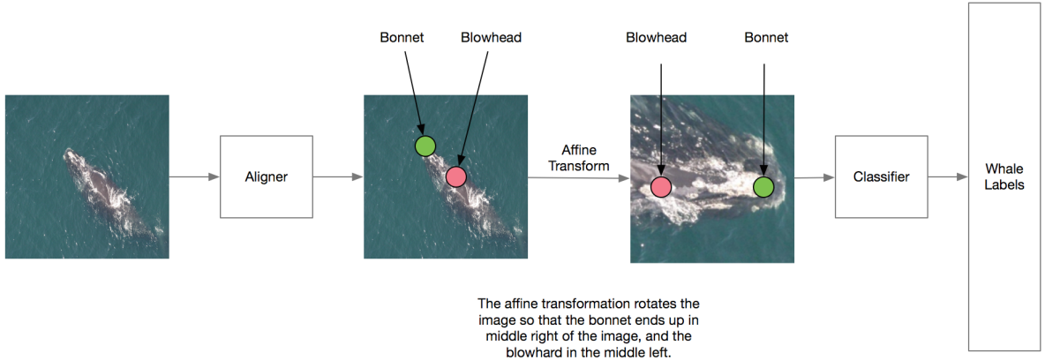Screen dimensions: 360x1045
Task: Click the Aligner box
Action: tap(266, 177)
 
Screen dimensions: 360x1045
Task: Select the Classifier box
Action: tap(881, 177)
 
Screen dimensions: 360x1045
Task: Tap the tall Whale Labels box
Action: tap(1004, 177)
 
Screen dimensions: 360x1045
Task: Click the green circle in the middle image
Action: tap(425, 146)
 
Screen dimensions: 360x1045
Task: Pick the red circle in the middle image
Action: tap(455, 176)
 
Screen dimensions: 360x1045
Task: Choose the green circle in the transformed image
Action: tap(763, 186)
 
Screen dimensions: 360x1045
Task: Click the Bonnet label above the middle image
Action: tap(402, 38)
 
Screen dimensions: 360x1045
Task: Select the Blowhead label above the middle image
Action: tap(491, 38)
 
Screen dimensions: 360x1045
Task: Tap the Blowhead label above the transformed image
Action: tap(656, 38)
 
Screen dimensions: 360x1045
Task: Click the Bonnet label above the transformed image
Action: tap(765, 38)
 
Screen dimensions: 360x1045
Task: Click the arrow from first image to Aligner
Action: tap(194, 177)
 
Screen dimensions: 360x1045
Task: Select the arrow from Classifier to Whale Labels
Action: tap(946, 177)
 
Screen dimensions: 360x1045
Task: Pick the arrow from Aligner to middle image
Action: tap(337, 177)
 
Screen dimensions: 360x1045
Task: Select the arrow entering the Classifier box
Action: tap(814, 177)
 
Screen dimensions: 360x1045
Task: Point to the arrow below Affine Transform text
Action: tap(578, 178)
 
